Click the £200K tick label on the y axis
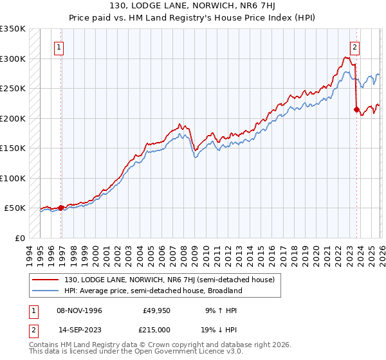click(13, 118)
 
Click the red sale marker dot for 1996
click(60, 208)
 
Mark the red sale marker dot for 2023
click(356, 109)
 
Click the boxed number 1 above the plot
click(59, 46)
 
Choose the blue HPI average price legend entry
click(152, 291)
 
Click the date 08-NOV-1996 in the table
click(80, 310)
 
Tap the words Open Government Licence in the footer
click(176, 352)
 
